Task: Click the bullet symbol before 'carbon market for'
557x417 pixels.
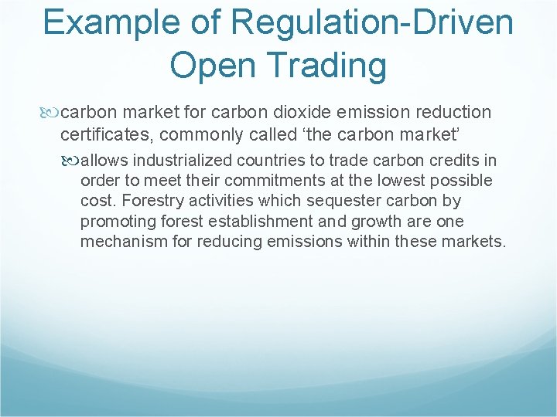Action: [x=51, y=113]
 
